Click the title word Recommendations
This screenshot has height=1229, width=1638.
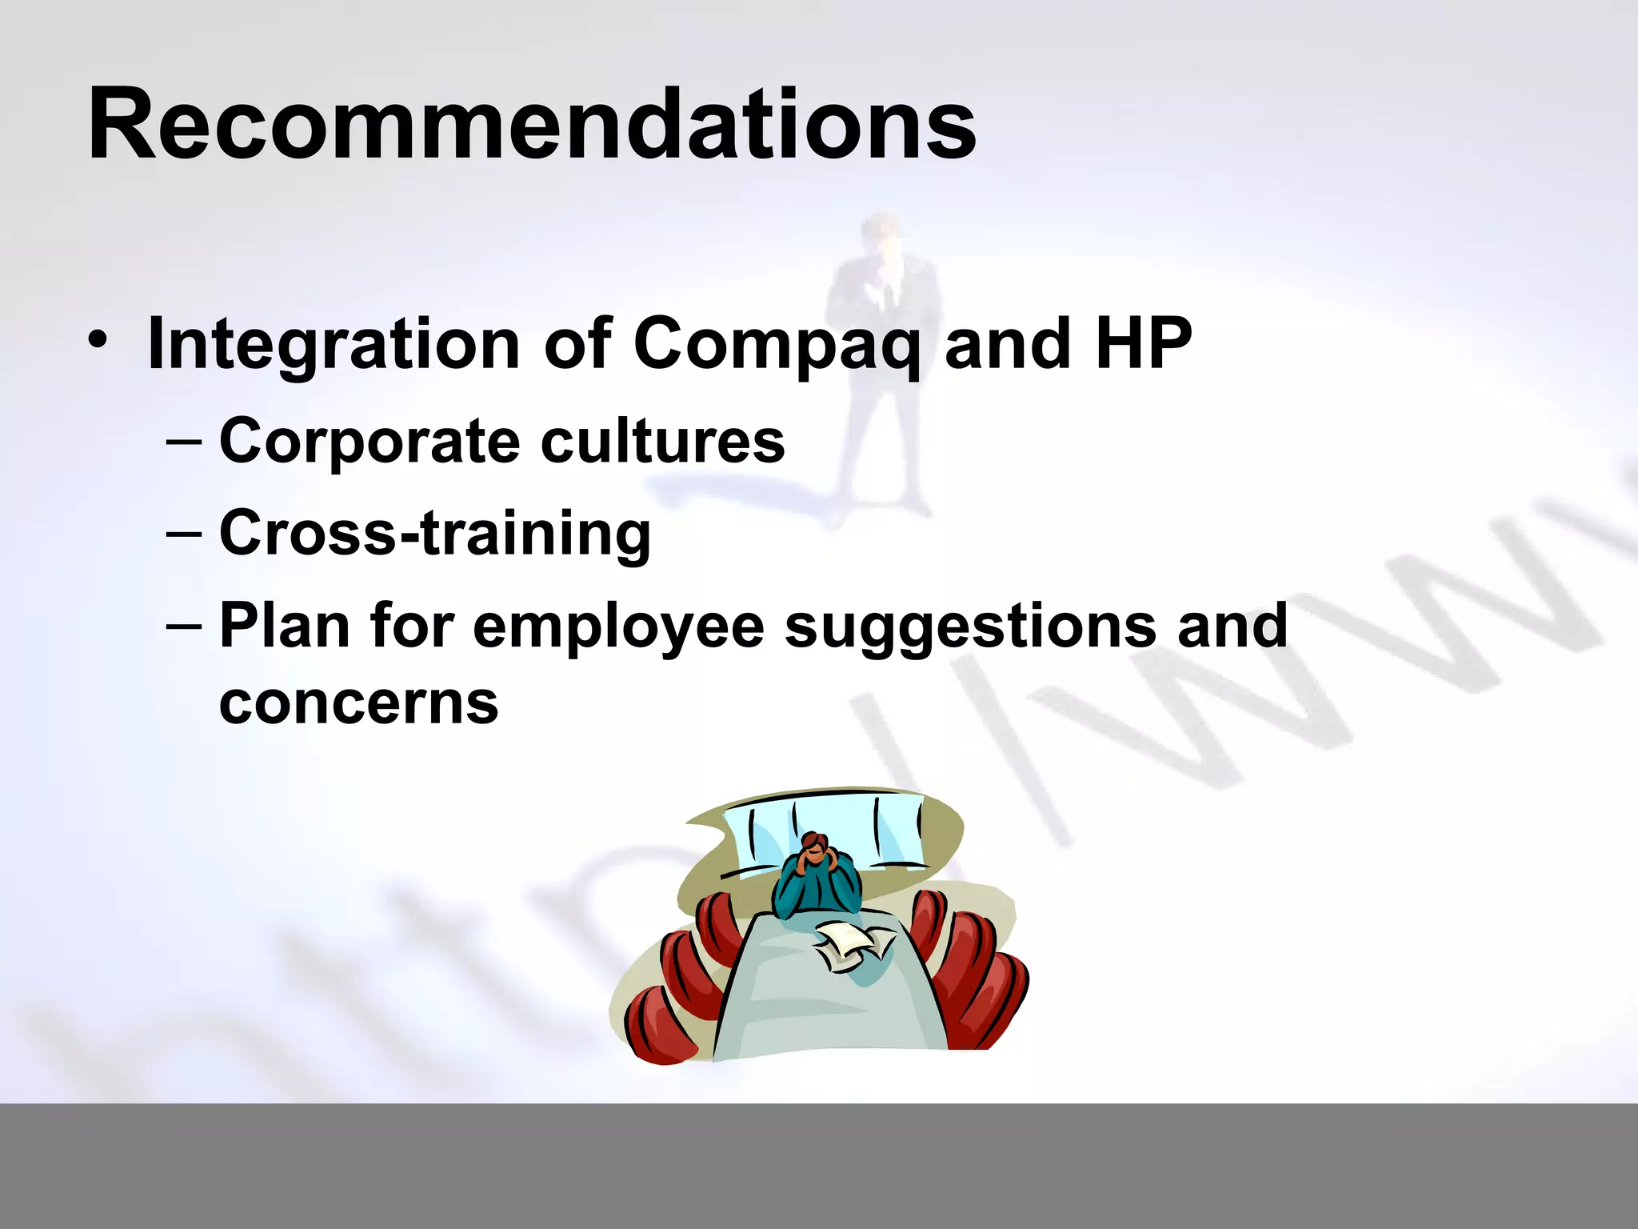tap(532, 124)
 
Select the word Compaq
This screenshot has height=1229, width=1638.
tap(777, 345)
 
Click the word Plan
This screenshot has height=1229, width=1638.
tap(285, 625)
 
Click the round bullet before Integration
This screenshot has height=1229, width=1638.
tap(98, 342)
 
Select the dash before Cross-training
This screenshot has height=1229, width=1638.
tap(185, 533)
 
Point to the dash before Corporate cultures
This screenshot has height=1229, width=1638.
tap(185, 441)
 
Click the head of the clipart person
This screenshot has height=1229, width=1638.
tap(815, 847)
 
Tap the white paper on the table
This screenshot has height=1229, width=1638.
tap(851, 944)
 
